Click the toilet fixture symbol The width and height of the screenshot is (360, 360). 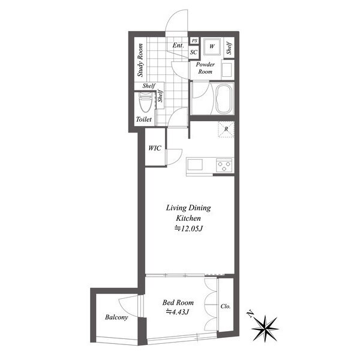146,103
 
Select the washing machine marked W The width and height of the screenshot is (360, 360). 212,47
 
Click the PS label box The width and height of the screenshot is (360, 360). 194,41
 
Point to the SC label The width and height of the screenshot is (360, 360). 194,52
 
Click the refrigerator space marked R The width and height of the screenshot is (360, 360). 226,129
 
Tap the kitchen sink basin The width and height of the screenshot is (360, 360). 195,164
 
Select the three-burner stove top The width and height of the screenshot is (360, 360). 224,166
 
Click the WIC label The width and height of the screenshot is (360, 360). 155,148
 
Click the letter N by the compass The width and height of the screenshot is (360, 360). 250,314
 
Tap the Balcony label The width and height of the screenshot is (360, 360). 116,317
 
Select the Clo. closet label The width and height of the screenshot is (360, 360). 226,306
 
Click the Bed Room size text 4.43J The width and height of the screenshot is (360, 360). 178,312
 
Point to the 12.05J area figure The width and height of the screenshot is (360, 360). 188,229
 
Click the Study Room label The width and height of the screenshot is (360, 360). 140,60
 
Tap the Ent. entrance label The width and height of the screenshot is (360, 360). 178,45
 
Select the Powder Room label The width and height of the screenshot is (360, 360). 205,68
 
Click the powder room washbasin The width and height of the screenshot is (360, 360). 227,70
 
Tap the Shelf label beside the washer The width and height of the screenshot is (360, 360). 229,48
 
